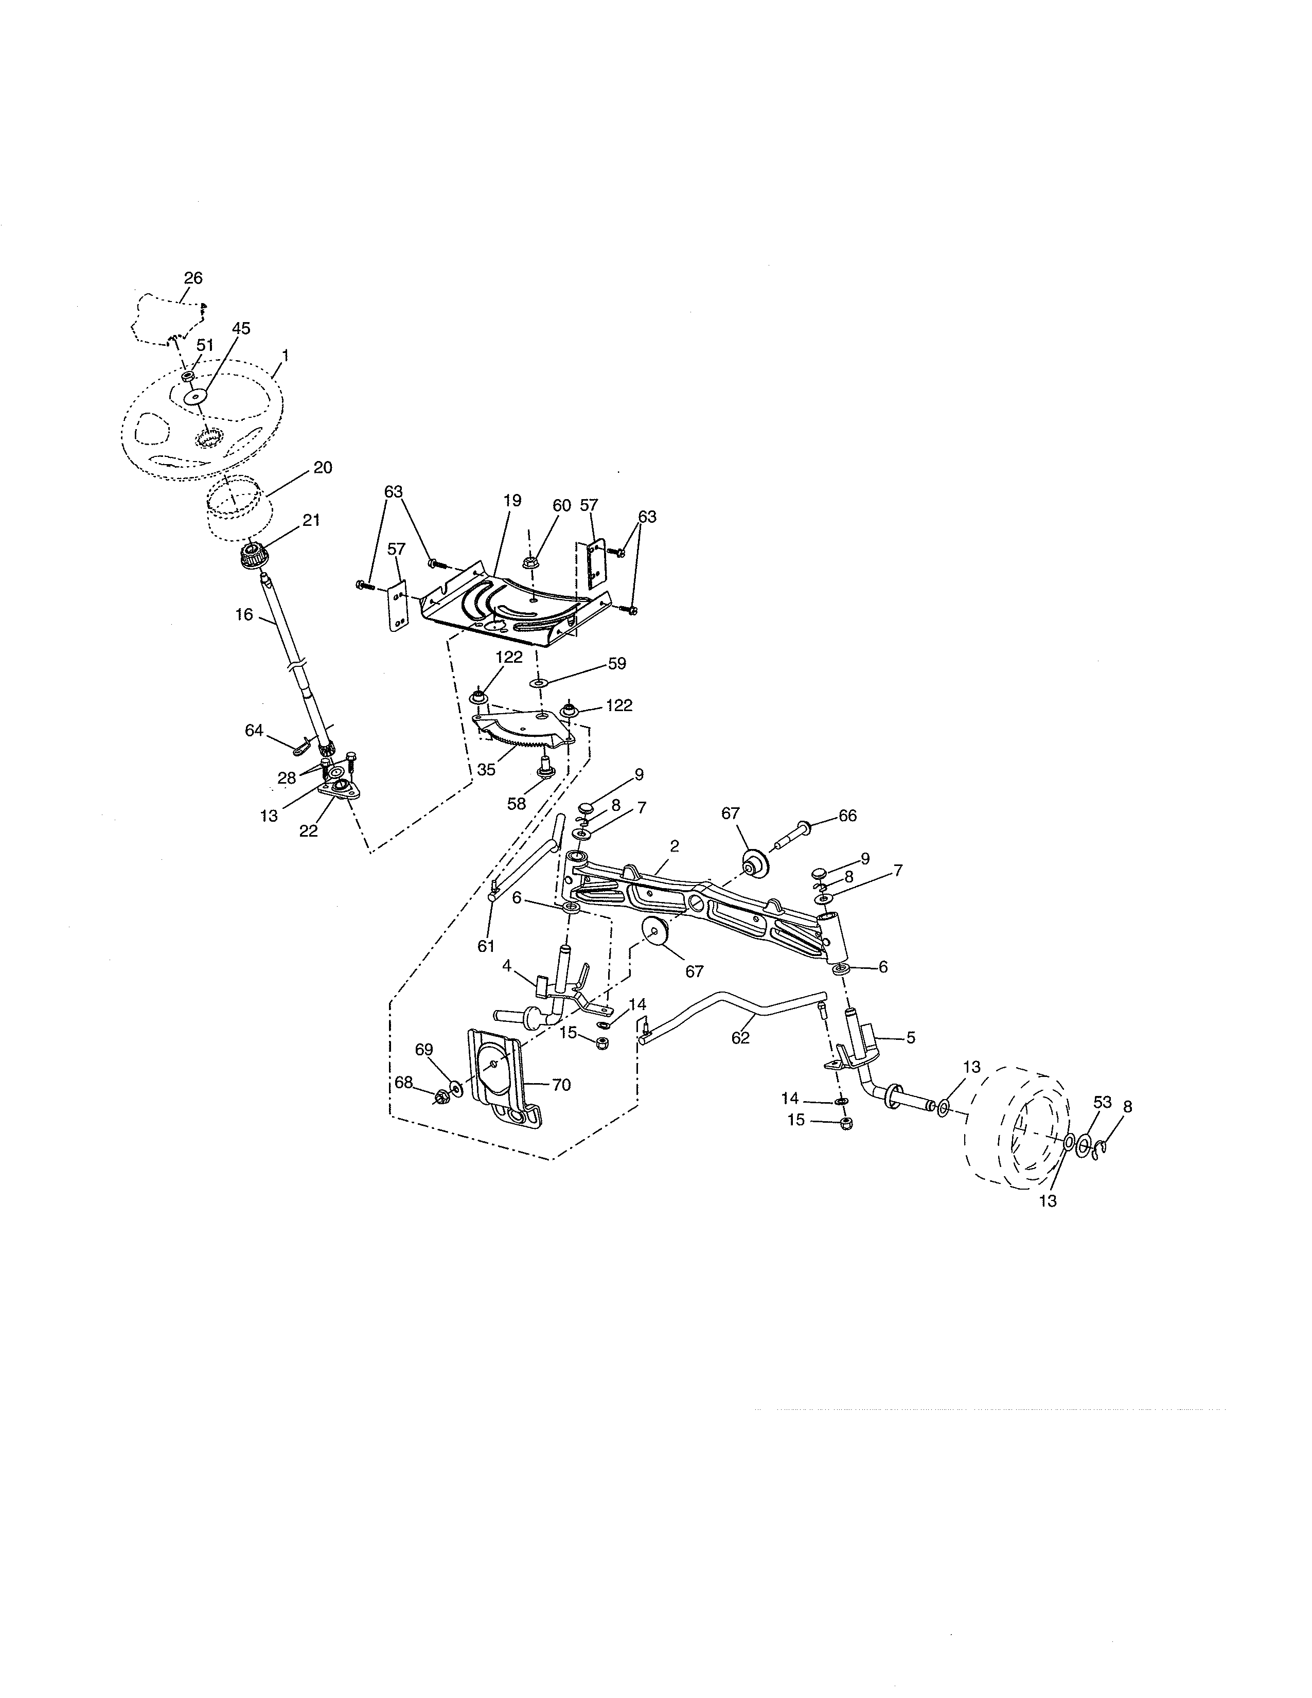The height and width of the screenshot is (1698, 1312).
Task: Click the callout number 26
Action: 193,277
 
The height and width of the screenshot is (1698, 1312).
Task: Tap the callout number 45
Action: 241,328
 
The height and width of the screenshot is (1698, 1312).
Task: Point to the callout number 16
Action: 244,614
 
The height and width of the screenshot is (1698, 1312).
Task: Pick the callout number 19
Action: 512,501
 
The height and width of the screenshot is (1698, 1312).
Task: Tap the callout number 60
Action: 561,505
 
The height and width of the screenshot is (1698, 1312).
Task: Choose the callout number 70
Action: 561,1085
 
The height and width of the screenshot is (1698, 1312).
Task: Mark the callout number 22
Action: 309,830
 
